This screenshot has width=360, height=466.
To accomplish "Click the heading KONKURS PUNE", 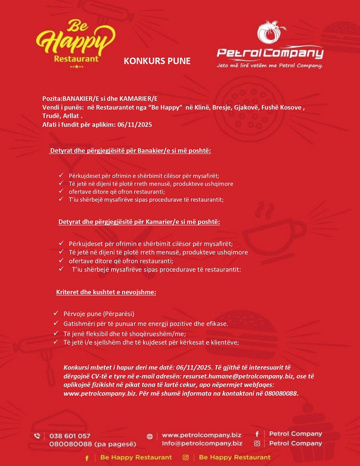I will point(157,61).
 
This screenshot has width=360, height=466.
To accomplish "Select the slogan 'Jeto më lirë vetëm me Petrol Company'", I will point(270,65).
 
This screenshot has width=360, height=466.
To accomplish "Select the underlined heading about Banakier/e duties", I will point(130,150).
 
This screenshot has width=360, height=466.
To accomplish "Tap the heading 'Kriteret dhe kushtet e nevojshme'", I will point(106,292).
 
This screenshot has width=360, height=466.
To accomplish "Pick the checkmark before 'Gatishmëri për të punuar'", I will point(56,323).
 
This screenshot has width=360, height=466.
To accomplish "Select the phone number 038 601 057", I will point(70,436).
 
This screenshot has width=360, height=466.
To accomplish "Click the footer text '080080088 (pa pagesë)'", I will point(92,444).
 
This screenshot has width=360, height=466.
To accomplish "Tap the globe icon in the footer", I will point(150,436).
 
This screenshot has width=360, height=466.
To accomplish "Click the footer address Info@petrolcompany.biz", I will point(202,443).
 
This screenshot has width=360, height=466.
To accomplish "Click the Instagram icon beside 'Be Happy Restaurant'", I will point(185,457).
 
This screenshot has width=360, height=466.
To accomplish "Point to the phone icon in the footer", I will point(37,436).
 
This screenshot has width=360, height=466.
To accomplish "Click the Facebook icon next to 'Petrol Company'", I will point(257,434).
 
